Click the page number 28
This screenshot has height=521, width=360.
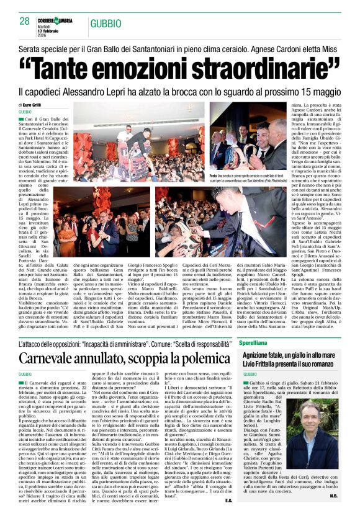[x=25, y=20]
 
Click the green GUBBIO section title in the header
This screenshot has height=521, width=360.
[x=106, y=24]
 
